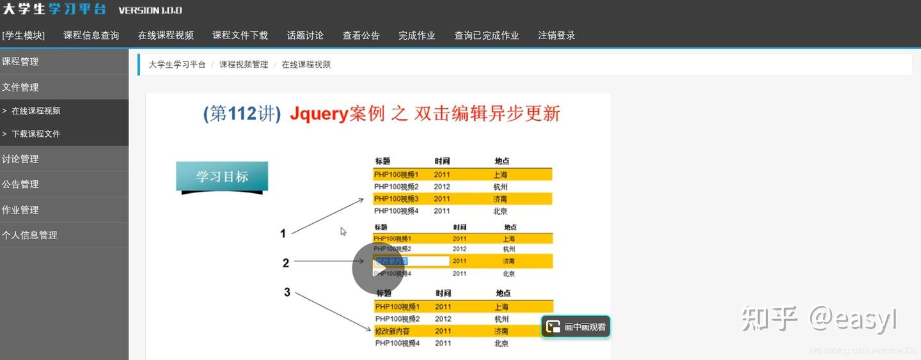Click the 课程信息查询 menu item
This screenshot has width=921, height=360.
click(91, 36)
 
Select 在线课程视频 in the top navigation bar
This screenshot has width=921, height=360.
click(166, 36)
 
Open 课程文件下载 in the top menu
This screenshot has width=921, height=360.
click(240, 36)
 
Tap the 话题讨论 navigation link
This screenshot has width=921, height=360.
click(305, 36)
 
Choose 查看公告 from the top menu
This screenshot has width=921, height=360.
click(361, 36)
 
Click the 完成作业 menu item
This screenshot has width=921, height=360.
click(416, 36)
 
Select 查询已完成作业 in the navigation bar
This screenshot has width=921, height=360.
click(486, 36)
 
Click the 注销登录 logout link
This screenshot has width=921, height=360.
click(556, 36)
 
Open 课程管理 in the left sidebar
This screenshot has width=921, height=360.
click(20, 61)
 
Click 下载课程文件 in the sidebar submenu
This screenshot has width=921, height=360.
click(36, 134)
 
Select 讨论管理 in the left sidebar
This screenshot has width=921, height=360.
click(20, 159)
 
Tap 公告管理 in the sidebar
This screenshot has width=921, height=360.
click(20, 184)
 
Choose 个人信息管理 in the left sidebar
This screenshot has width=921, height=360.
click(29, 235)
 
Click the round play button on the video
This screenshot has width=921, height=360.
click(378, 269)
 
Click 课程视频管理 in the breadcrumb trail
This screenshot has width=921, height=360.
click(244, 65)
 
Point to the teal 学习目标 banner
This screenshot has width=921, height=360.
click(222, 176)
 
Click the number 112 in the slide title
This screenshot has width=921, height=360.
click(242, 114)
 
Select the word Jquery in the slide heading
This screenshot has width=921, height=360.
click(319, 114)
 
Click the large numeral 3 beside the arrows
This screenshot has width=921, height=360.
click(287, 292)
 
